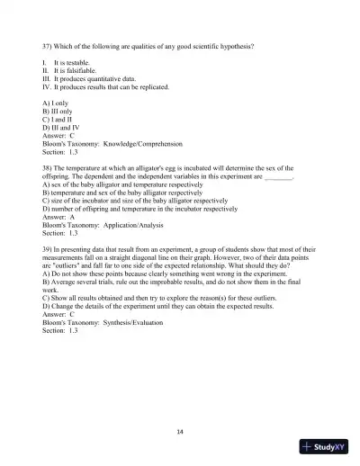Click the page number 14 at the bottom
(180, 432)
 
